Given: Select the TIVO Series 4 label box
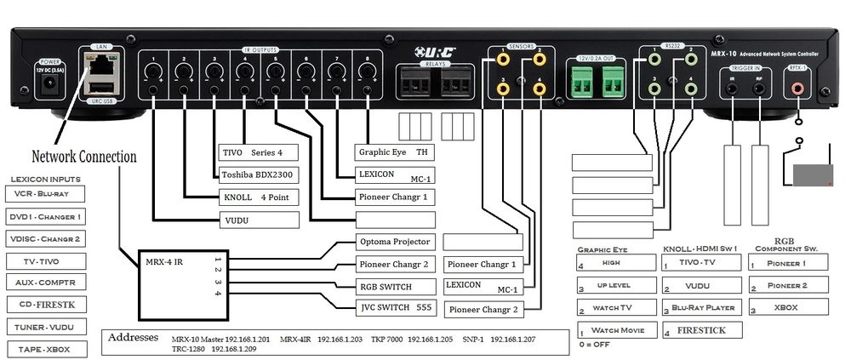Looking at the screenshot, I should (x=259, y=153).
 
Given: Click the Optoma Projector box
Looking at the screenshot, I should (x=395, y=242).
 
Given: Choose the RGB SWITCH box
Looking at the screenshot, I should (x=395, y=285).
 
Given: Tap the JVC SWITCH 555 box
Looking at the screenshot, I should (x=395, y=307).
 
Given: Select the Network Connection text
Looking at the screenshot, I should (x=83, y=157).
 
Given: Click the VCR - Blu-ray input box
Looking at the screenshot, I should (x=48, y=194).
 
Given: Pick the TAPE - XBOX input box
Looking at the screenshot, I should (x=48, y=349).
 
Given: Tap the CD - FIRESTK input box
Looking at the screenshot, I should (x=48, y=305).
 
